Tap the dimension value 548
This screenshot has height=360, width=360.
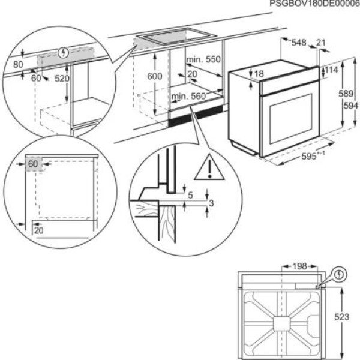click(299, 43)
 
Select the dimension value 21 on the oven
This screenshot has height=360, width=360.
click(321, 43)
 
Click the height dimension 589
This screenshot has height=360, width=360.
click(343, 94)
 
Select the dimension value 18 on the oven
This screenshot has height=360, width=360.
click(259, 74)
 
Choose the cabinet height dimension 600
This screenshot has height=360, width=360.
click(155, 77)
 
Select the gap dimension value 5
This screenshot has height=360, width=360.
click(190, 195)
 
